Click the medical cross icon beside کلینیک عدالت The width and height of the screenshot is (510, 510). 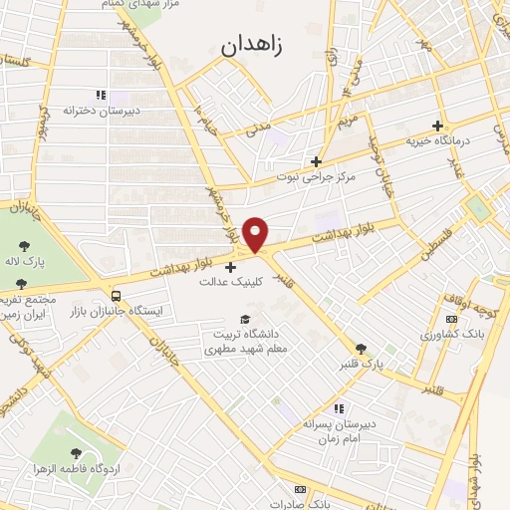point(231,267)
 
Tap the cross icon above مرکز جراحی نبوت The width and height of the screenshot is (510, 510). point(316,161)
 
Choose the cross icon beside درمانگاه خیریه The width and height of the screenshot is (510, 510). point(437,125)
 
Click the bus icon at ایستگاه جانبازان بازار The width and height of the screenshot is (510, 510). point(118,295)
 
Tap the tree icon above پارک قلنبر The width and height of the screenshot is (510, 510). point(361,349)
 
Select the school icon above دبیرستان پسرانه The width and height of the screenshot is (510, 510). point(340,408)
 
